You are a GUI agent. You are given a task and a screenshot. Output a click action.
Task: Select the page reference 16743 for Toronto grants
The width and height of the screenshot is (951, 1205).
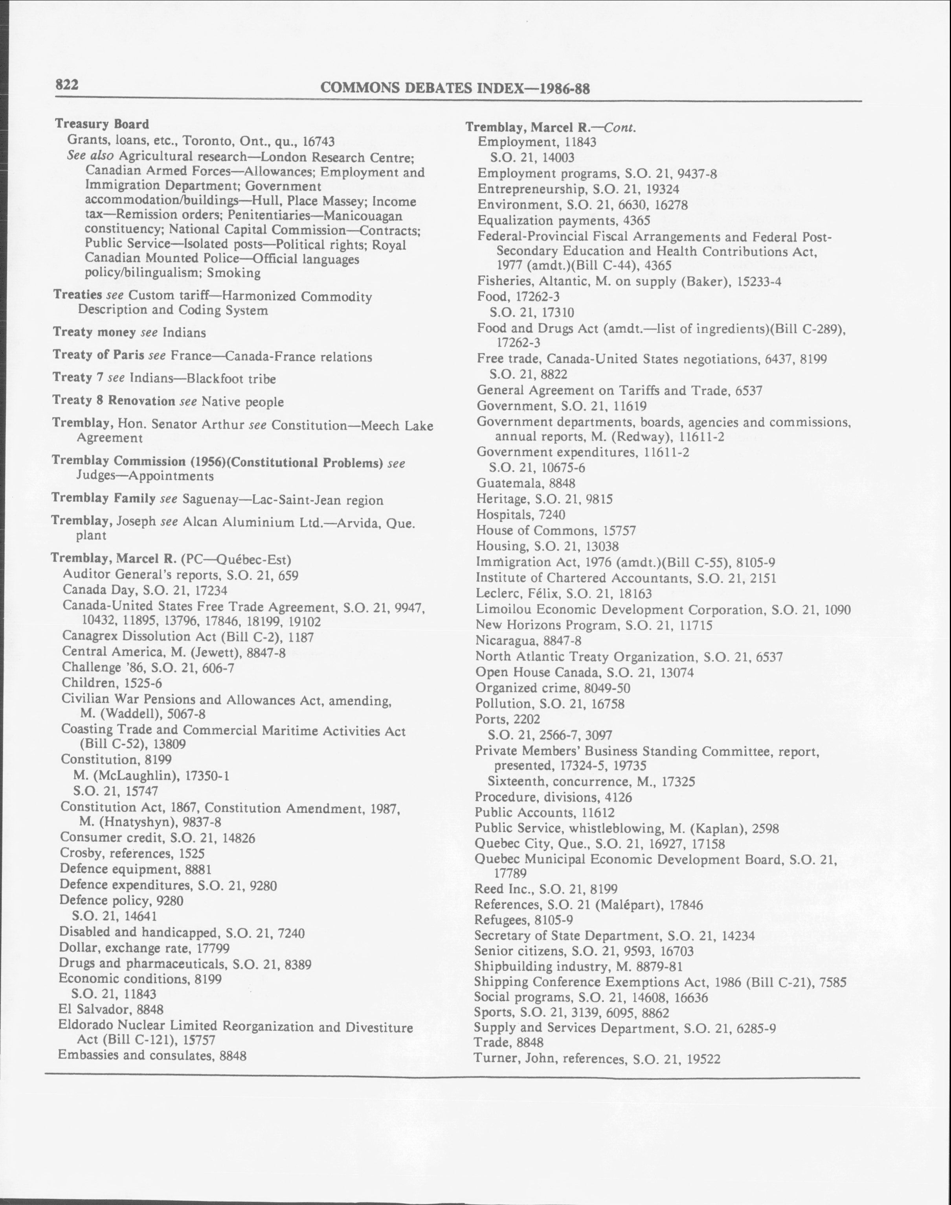click(x=318, y=142)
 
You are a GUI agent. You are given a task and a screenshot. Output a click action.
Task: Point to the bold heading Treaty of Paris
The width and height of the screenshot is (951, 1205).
click(x=98, y=356)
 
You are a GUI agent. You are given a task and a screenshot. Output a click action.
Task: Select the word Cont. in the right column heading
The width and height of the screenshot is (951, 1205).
click(x=620, y=127)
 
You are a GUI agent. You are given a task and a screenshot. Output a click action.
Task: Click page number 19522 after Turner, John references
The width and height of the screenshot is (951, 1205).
click(x=703, y=1059)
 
